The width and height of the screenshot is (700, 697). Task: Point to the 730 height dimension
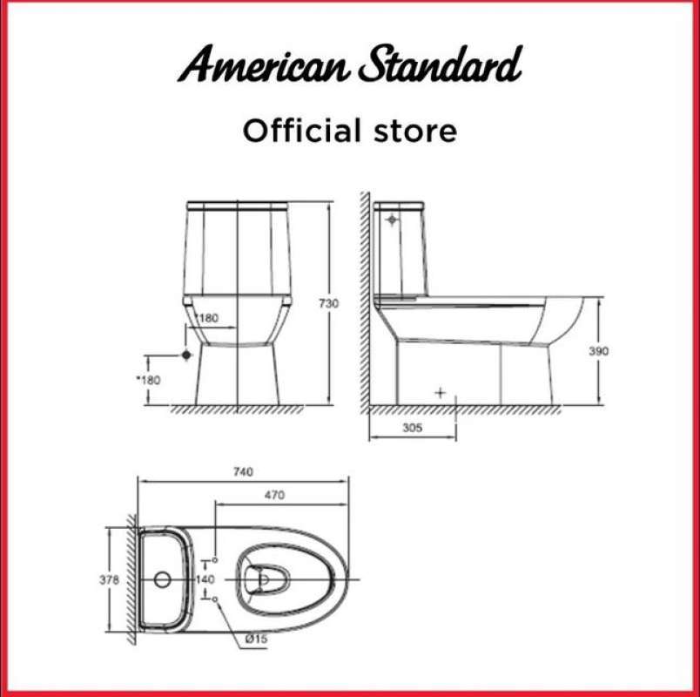pos(328,303)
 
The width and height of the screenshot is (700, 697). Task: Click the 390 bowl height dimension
pos(598,351)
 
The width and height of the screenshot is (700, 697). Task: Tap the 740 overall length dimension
pos(243,471)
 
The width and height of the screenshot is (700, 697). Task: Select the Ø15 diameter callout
pos(255,639)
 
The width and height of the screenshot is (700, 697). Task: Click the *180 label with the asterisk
pos(151,380)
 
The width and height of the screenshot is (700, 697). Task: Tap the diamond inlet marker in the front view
pos(185,355)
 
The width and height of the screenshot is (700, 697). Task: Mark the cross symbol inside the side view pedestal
pos(440,393)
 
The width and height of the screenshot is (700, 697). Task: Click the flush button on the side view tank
pos(392,220)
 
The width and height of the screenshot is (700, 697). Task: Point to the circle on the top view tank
pos(162,579)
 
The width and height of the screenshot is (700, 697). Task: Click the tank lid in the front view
pos(238,206)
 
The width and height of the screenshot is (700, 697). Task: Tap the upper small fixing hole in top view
pos(215,560)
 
